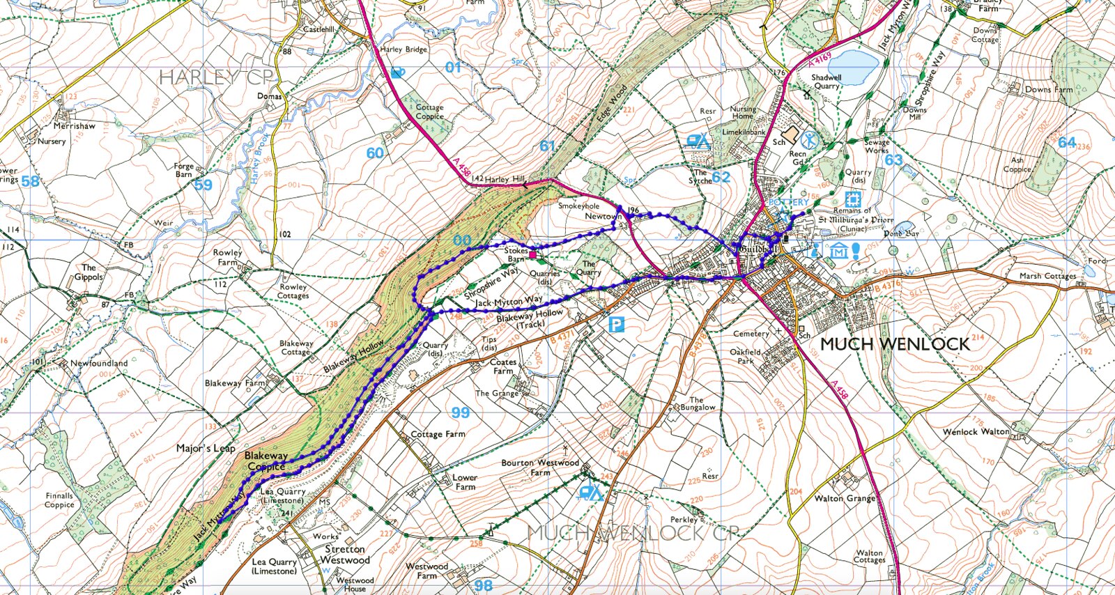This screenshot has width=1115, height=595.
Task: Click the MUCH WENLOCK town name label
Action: [895, 344]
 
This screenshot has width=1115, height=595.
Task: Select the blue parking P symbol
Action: [615, 324]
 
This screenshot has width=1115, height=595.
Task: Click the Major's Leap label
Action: [206, 448]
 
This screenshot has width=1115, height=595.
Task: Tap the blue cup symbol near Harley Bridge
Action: [398, 72]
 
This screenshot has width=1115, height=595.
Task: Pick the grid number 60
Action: [375, 153]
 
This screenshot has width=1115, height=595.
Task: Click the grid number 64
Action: [1067, 142]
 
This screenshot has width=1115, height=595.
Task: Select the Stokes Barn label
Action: [516, 254]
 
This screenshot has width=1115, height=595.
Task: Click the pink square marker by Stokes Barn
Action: [533, 256]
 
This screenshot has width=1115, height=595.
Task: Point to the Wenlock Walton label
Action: [976, 432]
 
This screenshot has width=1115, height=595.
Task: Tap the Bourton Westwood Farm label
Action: [540, 467]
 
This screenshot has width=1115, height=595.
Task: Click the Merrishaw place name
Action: [75, 126]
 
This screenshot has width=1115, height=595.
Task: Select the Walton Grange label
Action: [845, 498]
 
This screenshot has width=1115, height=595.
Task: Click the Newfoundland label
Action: [99, 363]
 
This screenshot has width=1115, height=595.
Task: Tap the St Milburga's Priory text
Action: [855, 219]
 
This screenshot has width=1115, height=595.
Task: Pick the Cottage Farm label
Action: [438, 434]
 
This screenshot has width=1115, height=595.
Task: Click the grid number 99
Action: [460, 412]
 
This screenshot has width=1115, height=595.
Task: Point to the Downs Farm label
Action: [1048, 89]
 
